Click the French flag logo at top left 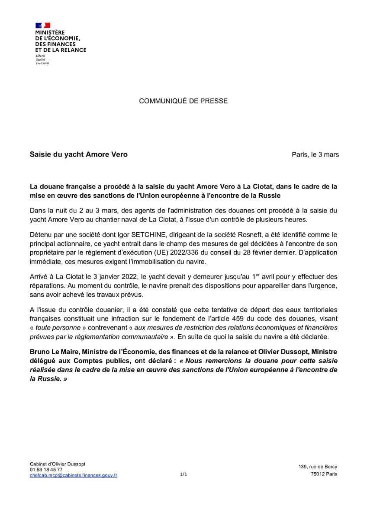click(x=43, y=25)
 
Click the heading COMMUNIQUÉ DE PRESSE click(x=183, y=101)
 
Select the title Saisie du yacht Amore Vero click(x=78, y=154)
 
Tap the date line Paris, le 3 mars click(x=315, y=154)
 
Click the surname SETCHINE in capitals click(x=137, y=234)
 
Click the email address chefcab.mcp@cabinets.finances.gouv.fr click(x=74, y=475)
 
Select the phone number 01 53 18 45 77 click(x=46, y=469)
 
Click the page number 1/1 click(x=183, y=474)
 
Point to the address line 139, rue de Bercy click(x=318, y=467)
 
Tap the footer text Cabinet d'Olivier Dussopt click(x=58, y=464)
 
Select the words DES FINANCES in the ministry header click(x=55, y=44)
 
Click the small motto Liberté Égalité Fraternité click(x=42, y=59)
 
